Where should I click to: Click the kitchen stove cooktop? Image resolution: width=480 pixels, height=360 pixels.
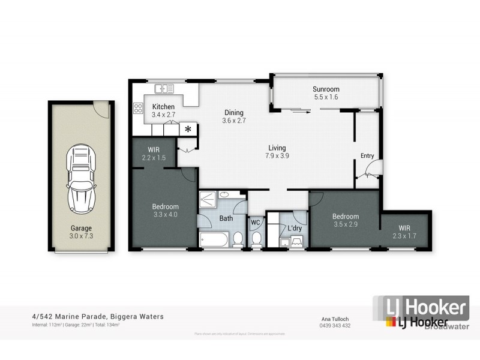click(137, 109)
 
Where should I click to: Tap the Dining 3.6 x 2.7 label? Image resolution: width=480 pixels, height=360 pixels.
click(235, 116)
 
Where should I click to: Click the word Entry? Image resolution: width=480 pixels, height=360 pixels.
click(367, 156)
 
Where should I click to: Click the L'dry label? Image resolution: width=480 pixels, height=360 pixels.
click(295, 229)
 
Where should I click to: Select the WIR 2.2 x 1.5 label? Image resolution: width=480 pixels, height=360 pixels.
click(153, 154)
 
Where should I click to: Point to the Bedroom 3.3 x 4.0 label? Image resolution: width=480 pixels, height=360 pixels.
click(165, 210)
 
